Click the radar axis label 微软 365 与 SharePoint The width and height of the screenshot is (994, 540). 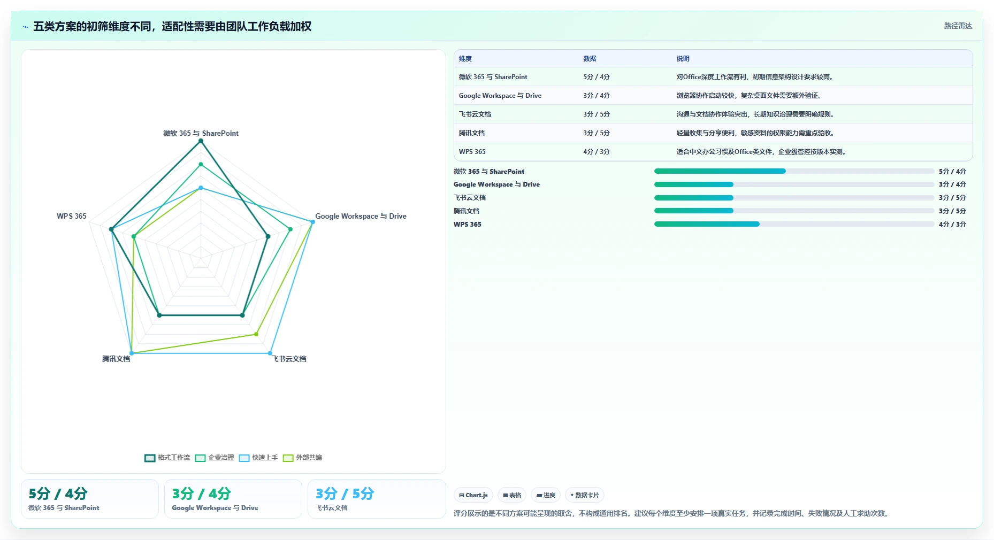tap(201, 133)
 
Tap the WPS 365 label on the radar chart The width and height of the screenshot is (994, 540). tap(72, 216)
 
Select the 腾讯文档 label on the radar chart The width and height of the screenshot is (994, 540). tap(116, 359)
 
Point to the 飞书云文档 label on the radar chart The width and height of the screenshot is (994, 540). tap(289, 359)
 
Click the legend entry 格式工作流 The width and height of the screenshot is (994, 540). tap(167, 458)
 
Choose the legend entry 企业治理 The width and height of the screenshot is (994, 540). tap(215, 458)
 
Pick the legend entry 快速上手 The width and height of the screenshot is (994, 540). tap(259, 458)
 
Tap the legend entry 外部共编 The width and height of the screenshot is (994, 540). tap(303, 458)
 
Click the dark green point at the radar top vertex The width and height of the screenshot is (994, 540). tap(201, 141)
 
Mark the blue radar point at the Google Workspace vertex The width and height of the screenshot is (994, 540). tap(312, 222)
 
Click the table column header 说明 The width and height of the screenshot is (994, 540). tap(683, 59)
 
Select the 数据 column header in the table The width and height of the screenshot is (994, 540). tap(590, 59)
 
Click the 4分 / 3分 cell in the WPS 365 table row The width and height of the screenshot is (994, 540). tap(597, 152)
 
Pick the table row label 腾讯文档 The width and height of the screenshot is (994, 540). tap(471, 133)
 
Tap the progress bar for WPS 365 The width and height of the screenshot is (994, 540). tap(794, 224)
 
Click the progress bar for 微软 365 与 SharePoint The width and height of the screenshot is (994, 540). tap(794, 171)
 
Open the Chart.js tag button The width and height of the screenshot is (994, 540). tap(473, 495)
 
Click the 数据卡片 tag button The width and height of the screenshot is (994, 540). tap(585, 495)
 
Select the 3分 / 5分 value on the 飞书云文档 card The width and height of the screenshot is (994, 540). tap(345, 493)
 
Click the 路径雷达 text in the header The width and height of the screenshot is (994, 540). tap(958, 26)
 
